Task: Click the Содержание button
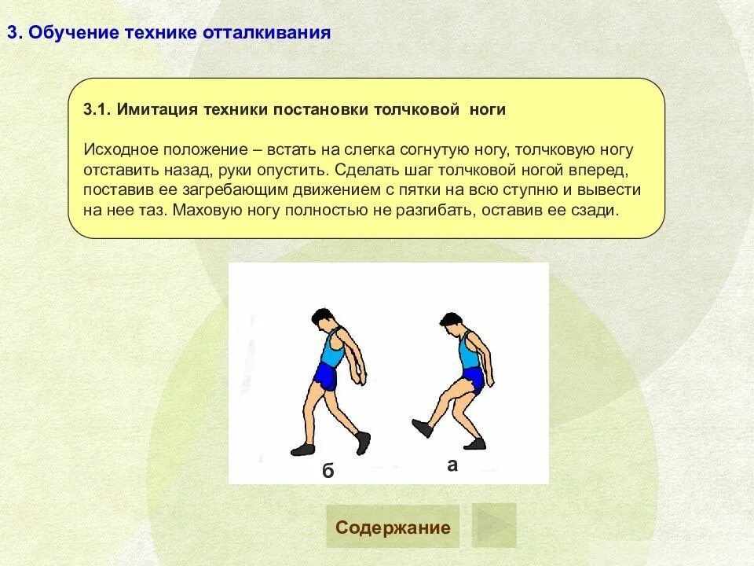coord(393,527)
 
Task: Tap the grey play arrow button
coord(494,526)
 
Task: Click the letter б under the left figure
coord(328,471)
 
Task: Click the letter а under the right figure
coord(452,465)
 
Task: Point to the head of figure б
coord(321,319)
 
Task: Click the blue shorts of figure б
coord(325,377)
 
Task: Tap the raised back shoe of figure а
coord(423,428)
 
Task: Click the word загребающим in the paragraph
coord(246,190)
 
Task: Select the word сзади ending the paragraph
coord(600,211)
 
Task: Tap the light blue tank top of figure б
coord(333,348)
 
